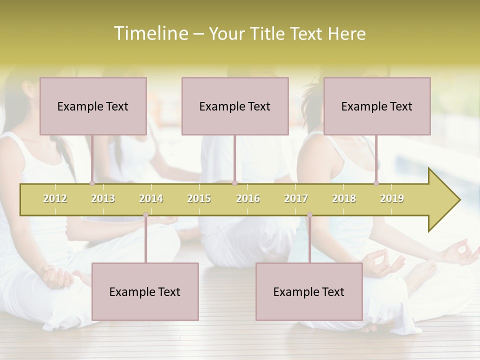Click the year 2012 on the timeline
point(55,198)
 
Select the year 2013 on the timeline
point(103,198)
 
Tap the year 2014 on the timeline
point(151,198)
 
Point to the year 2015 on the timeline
point(199,198)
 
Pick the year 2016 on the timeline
point(248,198)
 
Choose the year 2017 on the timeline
point(296,198)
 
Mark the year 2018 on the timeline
point(344,198)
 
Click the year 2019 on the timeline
point(392,198)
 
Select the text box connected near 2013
point(93,106)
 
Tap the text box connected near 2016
point(235,106)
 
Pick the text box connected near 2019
point(377,106)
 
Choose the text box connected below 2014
point(145,291)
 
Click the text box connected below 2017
point(309,291)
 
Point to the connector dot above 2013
point(92,183)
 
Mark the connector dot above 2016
point(234,183)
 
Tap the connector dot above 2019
point(376,183)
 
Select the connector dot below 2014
point(145,215)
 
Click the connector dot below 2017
point(309,215)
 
